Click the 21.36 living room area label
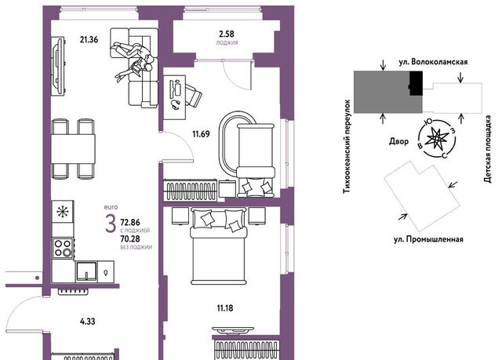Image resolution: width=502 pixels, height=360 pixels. point(89,40)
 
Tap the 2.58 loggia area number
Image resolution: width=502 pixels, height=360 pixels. point(227,34)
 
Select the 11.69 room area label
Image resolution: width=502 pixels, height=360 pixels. point(201,134)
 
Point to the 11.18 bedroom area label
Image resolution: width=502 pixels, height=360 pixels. point(225,308)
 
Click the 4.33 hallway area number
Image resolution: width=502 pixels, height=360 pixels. point(87,322)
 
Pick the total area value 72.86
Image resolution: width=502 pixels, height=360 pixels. point(130,222)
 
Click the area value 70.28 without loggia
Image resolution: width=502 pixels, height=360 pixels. point(130,238)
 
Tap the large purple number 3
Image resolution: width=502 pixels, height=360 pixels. point(111,224)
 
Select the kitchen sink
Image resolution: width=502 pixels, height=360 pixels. point(86,272)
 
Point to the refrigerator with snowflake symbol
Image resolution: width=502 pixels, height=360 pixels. point(63,212)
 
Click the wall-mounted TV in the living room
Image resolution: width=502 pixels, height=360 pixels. point(58,66)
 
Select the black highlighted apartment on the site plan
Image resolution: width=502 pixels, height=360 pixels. point(416,83)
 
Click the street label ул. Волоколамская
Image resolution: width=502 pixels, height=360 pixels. point(433,62)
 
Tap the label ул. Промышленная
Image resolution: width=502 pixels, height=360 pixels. point(428,239)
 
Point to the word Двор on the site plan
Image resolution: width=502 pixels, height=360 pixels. point(399,141)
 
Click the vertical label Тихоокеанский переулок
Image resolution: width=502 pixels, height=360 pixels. point(347,147)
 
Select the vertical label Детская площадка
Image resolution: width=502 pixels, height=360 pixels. point(488,149)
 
